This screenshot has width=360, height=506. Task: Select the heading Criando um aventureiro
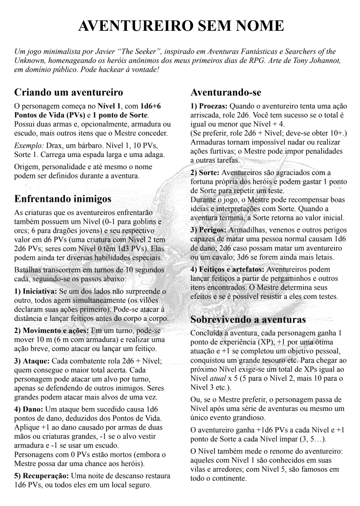tap(68, 92)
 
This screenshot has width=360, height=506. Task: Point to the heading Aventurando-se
tap(226, 92)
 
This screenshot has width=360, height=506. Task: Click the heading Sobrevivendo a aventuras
tap(248, 319)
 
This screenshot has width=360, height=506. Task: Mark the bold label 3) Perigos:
tap(209, 229)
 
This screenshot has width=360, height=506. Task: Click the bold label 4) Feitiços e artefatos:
tap(228, 269)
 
